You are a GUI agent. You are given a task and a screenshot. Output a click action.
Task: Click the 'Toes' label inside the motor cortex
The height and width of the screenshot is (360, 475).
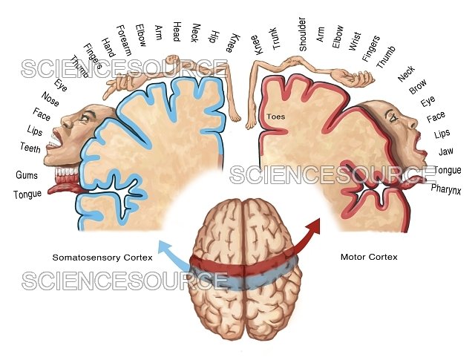275,117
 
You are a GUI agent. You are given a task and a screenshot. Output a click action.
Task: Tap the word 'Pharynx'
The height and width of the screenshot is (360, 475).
446,189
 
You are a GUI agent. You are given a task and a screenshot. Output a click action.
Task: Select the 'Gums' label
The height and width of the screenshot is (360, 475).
27,175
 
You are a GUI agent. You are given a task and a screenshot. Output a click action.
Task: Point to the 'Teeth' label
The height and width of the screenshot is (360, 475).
30,148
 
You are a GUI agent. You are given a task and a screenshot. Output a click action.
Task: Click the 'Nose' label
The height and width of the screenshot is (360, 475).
50,99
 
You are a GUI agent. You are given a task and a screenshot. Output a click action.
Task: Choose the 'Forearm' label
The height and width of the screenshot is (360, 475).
124,41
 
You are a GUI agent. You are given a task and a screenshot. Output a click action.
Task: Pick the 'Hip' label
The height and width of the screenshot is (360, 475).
214,37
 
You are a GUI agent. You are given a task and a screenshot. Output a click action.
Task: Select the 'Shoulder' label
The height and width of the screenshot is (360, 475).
303,34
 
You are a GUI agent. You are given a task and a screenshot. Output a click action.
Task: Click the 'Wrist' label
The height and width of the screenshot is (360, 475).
355,42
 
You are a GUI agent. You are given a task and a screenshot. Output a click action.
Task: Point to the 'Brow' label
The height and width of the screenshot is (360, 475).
418,86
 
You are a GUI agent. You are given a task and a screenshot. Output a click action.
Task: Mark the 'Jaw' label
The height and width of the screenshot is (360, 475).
446,151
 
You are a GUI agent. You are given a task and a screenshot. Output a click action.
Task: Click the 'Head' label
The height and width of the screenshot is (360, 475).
177,31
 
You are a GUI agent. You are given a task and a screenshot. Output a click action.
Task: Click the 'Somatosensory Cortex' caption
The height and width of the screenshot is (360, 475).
102,258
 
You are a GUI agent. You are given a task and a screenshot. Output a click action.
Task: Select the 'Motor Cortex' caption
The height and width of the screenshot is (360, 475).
369,257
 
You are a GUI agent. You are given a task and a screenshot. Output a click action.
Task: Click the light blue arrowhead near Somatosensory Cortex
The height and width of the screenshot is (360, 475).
165,246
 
